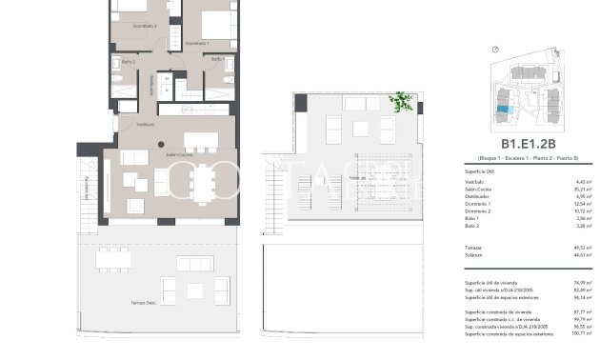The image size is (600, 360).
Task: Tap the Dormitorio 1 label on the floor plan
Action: tap(197, 43)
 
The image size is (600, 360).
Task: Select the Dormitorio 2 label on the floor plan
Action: tap(144, 26)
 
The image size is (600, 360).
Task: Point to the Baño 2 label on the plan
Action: tap(128, 62)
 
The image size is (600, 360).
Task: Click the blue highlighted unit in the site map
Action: tap(502, 111)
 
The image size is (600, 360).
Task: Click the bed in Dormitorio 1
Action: tap(218, 21)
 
